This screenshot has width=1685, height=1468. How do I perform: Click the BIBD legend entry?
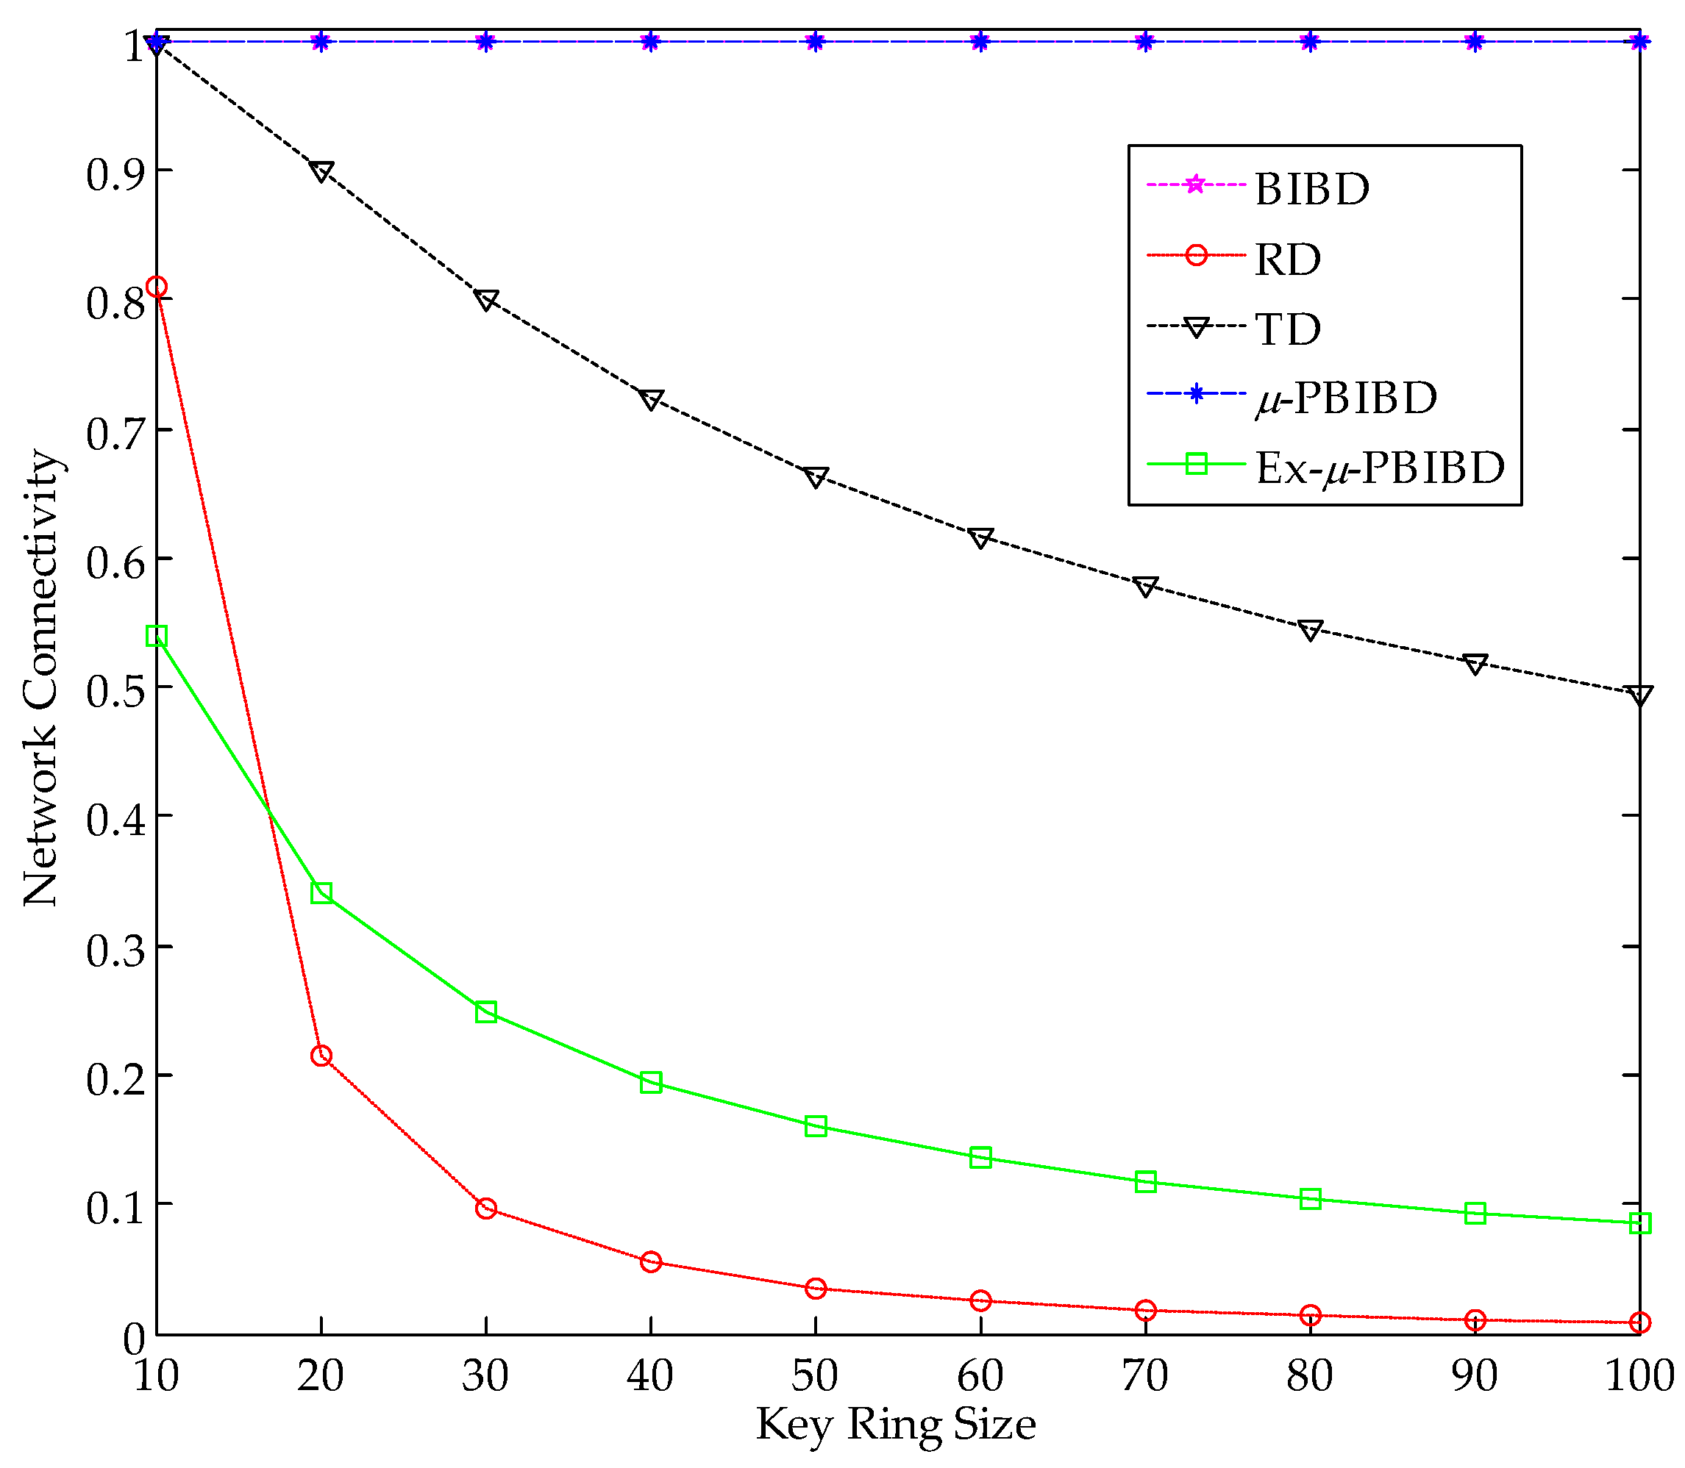click(1311, 188)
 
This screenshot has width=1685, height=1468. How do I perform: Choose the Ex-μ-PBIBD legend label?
click(1380, 468)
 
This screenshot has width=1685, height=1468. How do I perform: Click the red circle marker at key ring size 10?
click(157, 287)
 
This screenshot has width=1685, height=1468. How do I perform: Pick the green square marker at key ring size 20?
click(321, 893)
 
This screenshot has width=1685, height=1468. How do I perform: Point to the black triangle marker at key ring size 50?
click(816, 478)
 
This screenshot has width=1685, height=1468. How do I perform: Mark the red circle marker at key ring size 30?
click(486, 1209)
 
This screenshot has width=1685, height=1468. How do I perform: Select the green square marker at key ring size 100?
click(1639, 1223)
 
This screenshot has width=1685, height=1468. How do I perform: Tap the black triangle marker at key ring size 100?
click(1639, 695)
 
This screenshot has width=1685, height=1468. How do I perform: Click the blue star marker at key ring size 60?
click(980, 42)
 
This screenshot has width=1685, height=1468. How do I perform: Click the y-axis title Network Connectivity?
click(41, 678)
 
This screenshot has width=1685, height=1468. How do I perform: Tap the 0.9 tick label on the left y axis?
click(115, 173)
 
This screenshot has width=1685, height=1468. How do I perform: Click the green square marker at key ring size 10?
click(157, 637)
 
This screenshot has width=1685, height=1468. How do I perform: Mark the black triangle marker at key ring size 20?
click(321, 172)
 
